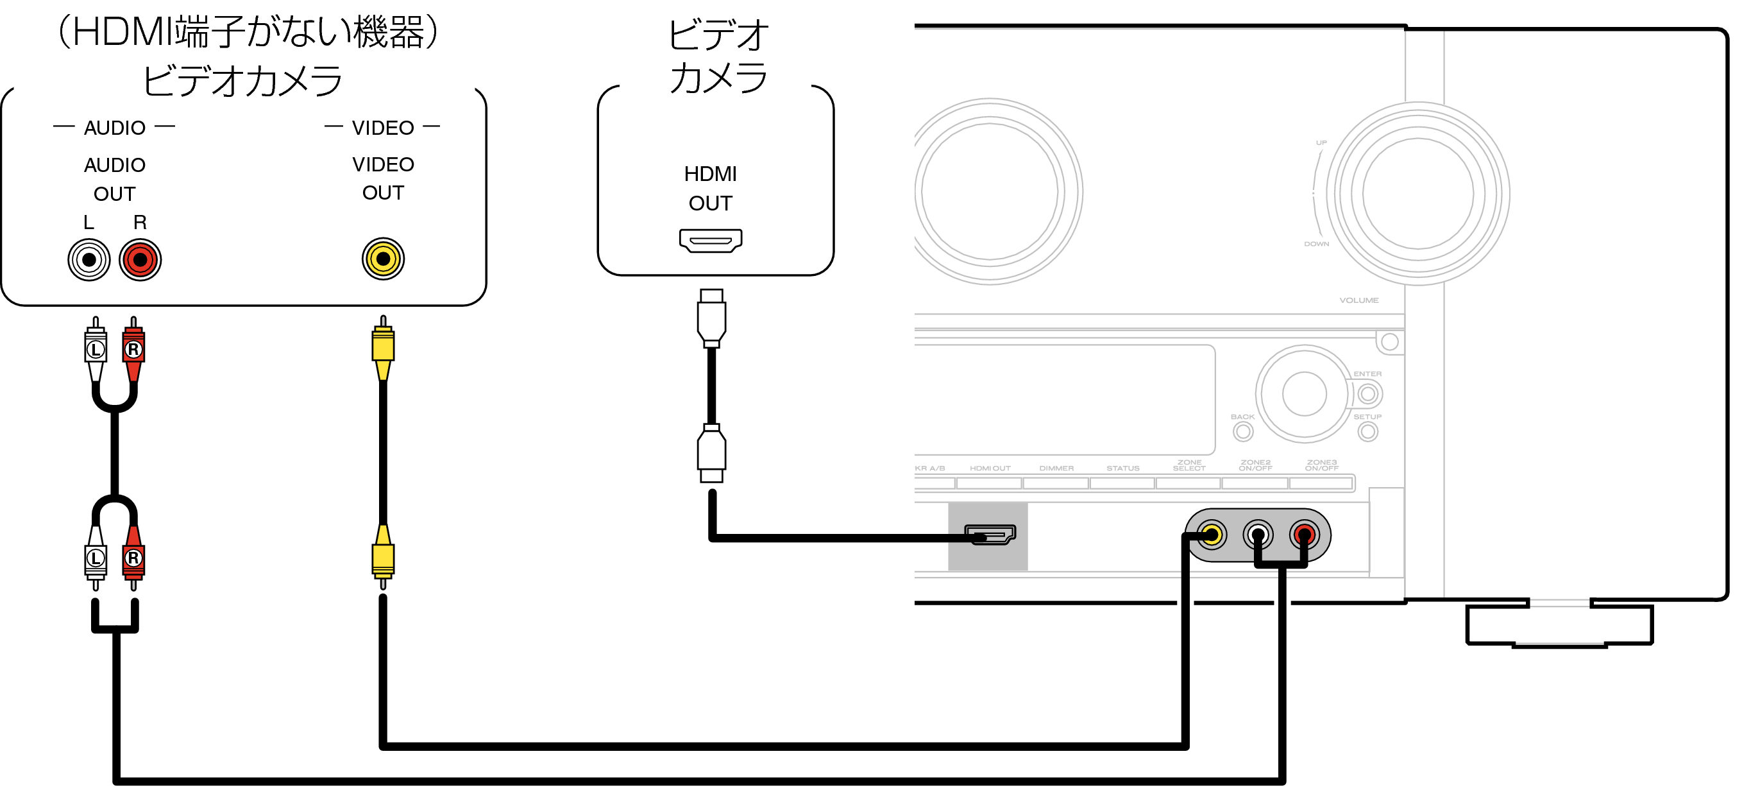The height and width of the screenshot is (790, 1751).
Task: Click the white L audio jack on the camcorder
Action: (x=89, y=259)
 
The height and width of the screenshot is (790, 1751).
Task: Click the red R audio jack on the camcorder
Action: (x=140, y=259)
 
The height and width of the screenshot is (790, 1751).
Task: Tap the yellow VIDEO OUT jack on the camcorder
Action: (x=383, y=259)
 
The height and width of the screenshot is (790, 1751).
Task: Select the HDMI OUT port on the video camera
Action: (x=710, y=240)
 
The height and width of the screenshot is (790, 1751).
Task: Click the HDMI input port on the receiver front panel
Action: (x=990, y=535)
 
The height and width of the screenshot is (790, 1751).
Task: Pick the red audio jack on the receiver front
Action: (x=1304, y=535)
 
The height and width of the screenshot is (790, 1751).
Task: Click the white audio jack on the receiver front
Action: (x=1257, y=535)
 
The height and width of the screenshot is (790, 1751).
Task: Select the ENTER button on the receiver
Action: (x=1367, y=393)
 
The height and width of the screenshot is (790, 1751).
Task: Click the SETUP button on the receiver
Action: (x=1367, y=431)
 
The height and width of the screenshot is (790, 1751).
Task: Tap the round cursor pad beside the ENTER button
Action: (x=1303, y=393)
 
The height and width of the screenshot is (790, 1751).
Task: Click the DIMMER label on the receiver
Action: (x=1056, y=468)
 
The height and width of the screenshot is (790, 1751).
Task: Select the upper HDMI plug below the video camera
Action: (x=711, y=318)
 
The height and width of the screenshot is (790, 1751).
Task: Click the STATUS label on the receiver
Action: (x=1122, y=468)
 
